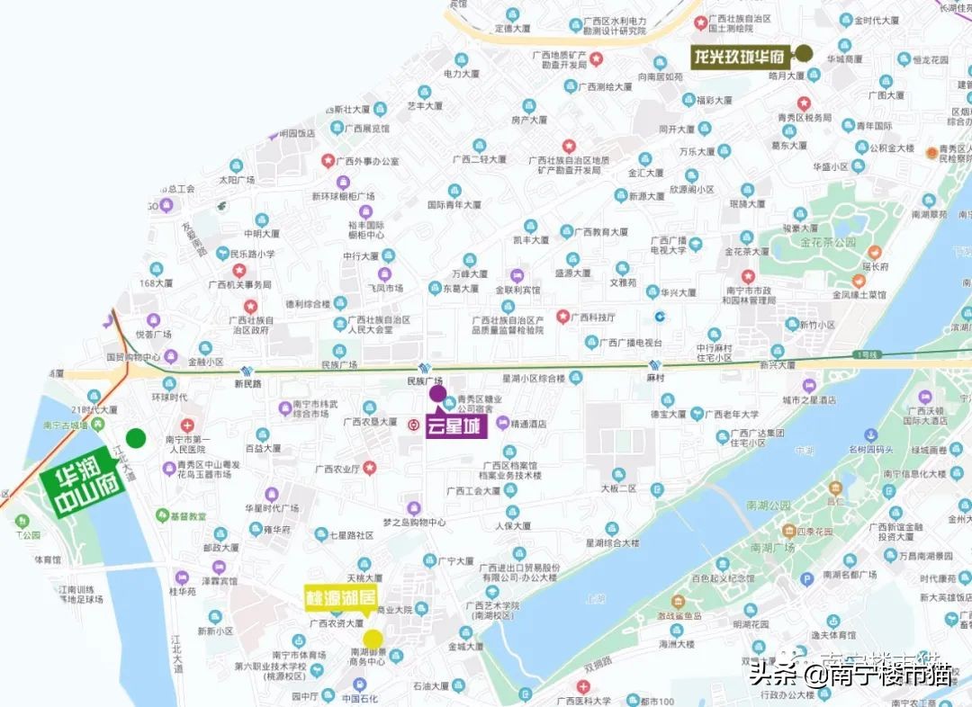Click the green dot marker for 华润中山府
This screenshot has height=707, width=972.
[135, 438]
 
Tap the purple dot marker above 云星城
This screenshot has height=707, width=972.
[437, 393]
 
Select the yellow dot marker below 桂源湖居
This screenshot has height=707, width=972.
[373, 639]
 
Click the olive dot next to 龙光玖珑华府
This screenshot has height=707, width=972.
[804, 54]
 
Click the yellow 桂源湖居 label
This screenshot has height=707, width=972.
[339, 597]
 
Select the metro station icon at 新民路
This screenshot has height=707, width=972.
[247, 369]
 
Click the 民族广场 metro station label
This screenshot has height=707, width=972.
[427, 381]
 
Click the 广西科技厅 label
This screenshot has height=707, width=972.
[595, 317]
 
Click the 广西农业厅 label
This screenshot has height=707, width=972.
[337, 469]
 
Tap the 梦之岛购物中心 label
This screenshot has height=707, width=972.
[414, 522]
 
